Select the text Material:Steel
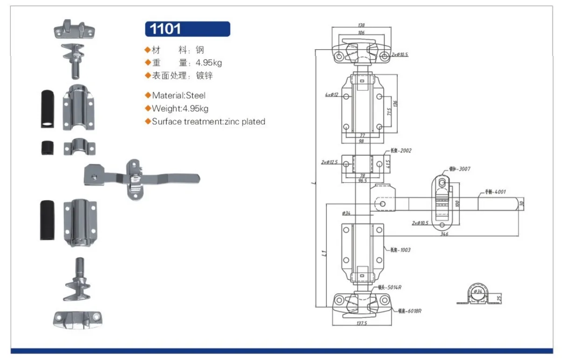pyautogui.click(x=178, y=96)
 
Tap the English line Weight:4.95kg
pyautogui.click(x=180, y=109)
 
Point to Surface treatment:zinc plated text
pyautogui.click(x=208, y=122)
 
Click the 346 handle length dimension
pyautogui.click(x=444, y=234)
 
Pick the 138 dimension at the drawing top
pyautogui.click(x=361, y=25)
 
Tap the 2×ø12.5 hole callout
pyautogui.click(x=329, y=162)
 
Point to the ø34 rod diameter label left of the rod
pyautogui.click(x=346, y=214)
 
